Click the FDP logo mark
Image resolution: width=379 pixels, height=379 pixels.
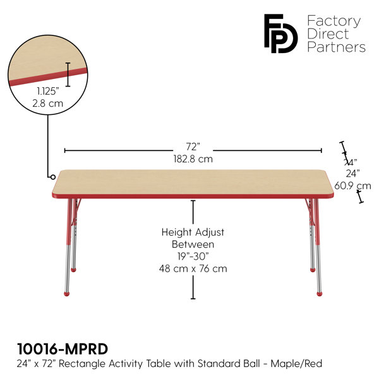tap(280, 33)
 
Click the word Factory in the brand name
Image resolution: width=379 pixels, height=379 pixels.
tap(334, 21)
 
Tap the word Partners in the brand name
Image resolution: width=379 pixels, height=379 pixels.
tap(336, 47)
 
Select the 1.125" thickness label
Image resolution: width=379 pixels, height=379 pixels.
tap(48, 91)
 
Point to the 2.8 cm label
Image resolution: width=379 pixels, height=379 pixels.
tap(47, 104)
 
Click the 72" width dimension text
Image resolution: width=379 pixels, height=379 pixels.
tap(193, 147)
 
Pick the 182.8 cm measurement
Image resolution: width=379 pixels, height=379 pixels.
tap(193, 159)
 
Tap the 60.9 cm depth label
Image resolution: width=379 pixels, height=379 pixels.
tap(352, 186)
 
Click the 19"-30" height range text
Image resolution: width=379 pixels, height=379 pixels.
tap(193, 256)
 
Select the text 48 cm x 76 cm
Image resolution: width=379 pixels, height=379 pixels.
tap(193, 268)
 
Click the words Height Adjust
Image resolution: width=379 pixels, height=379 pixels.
tap(193, 232)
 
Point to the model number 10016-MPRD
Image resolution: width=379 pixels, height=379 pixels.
tap(63, 349)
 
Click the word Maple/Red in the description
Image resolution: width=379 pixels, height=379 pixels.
tap(296, 363)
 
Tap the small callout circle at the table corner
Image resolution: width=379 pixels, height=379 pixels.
tap(52, 177)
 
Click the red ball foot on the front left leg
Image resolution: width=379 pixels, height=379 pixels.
tap(67, 294)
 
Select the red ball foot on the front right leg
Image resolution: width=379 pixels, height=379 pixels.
tap(320, 294)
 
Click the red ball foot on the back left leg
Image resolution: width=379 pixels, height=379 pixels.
tap(73, 270)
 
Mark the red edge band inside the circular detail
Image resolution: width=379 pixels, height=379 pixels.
tap(48, 77)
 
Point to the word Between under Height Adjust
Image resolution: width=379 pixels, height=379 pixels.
tap(193, 244)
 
